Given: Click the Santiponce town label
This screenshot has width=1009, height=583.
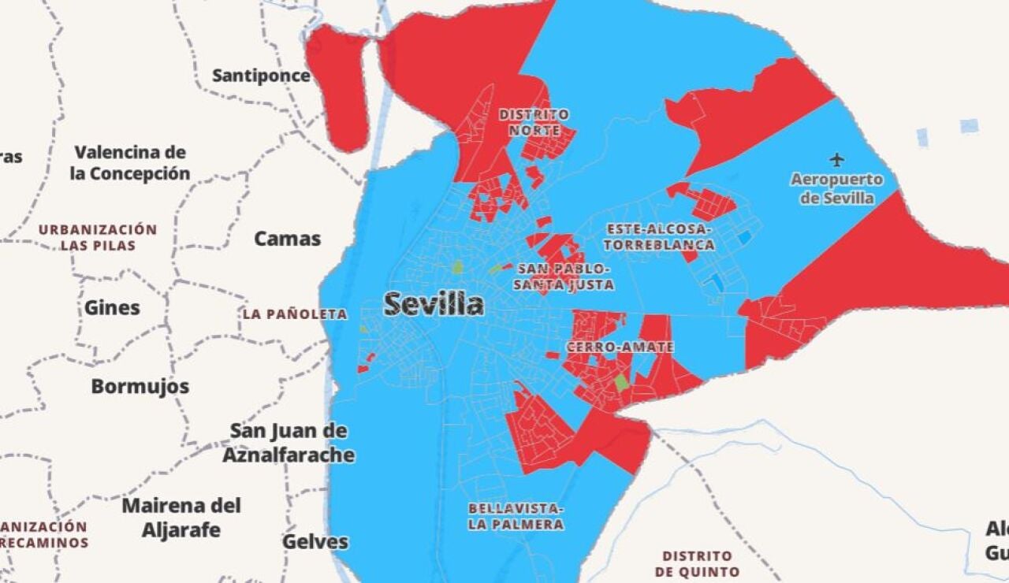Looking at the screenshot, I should (261, 76).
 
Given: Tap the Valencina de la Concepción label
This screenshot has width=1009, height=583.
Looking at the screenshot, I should (130, 163).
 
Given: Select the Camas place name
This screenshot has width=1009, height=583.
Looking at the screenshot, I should (287, 239).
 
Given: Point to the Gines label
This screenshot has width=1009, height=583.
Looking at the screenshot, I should (112, 307).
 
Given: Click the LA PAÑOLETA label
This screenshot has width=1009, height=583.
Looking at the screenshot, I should (295, 314).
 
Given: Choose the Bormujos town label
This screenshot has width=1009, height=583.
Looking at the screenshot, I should (140, 386).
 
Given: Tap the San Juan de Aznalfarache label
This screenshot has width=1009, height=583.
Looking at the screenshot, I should (289, 443).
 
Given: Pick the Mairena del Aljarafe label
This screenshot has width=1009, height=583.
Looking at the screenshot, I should (181, 517).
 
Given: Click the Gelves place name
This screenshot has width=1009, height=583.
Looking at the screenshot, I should (315, 542).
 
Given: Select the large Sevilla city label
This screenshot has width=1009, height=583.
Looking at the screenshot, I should (434, 304).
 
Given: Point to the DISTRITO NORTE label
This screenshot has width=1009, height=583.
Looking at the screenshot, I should (534, 122).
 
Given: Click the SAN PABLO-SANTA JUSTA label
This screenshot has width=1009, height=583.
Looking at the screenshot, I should (564, 277).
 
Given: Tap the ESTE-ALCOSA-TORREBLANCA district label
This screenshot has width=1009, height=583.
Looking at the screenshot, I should (661, 236).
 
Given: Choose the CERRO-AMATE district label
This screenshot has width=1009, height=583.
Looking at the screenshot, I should (620, 347).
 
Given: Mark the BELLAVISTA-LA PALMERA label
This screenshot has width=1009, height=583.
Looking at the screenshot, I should (516, 516).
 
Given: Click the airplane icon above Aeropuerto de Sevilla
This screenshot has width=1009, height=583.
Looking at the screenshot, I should (837, 160).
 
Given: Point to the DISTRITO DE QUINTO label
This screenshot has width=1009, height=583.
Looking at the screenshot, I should (697, 563).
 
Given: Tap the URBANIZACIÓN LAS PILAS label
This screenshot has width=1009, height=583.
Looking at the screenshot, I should (99, 237).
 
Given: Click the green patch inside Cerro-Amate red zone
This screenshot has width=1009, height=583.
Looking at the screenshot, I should (621, 383).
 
